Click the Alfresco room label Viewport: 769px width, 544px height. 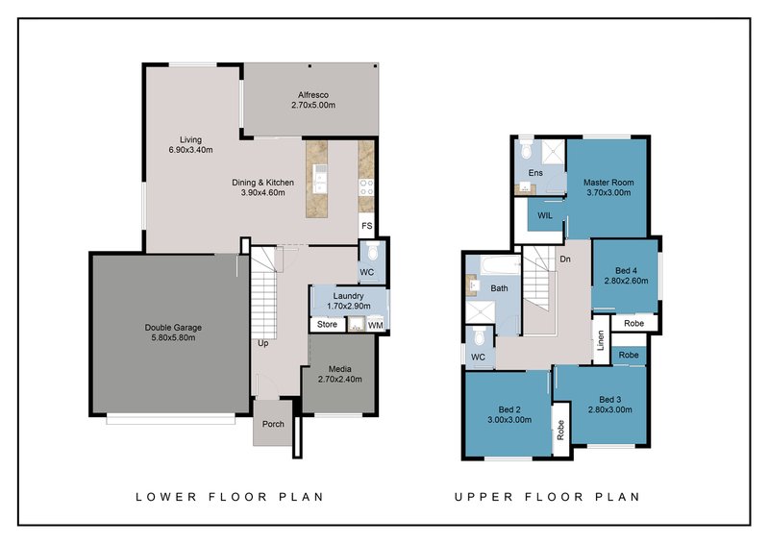pyautogui.click(x=313, y=95)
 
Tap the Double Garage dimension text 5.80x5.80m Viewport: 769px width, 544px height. pyautogui.click(x=173, y=338)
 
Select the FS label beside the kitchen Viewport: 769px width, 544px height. pyautogui.click(x=366, y=226)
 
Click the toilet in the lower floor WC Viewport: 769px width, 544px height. pyautogui.click(x=373, y=252)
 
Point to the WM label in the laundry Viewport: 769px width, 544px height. pyautogui.click(x=375, y=325)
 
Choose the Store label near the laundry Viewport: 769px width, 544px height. pyautogui.click(x=327, y=324)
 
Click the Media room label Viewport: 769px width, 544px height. pyautogui.click(x=339, y=369)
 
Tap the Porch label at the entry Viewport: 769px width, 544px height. pyautogui.click(x=273, y=424)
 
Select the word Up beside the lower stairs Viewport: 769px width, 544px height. pyautogui.click(x=262, y=343)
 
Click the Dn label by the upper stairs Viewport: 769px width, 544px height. pyautogui.click(x=565, y=259)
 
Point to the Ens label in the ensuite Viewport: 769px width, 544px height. pyautogui.click(x=535, y=173)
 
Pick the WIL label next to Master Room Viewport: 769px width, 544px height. pyautogui.click(x=545, y=215)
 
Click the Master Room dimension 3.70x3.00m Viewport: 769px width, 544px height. pyautogui.click(x=608, y=193)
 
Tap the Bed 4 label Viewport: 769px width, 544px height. pyautogui.click(x=627, y=271)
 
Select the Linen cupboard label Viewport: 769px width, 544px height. pyautogui.click(x=600, y=340)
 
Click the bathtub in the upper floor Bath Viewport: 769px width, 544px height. pyautogui.click(x=500, y=266)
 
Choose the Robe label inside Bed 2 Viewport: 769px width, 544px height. pyautogui.click(x=560, y=430)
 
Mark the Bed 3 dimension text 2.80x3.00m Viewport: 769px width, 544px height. pyautogui.click(x=610, y=409)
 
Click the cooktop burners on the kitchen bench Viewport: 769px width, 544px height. pyautogui.click(x=366, y=186)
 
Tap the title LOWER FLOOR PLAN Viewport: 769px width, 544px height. pyautogui.click(x=230, y=497)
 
